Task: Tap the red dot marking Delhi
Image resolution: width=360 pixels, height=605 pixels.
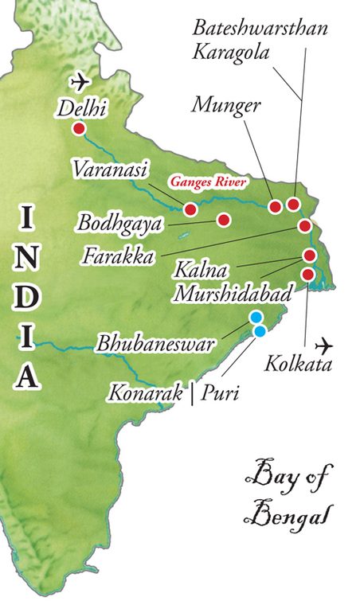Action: coord(79,129)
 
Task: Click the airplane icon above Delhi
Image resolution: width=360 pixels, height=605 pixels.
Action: coord(80,81)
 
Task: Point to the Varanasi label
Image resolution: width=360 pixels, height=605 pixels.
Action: coord(104,169)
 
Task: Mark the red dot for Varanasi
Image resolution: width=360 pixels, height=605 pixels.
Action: coord(190,209)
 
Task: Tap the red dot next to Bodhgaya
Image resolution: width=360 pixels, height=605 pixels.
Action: coord(224,219)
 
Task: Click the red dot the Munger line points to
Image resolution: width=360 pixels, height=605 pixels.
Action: coord(276,207)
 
